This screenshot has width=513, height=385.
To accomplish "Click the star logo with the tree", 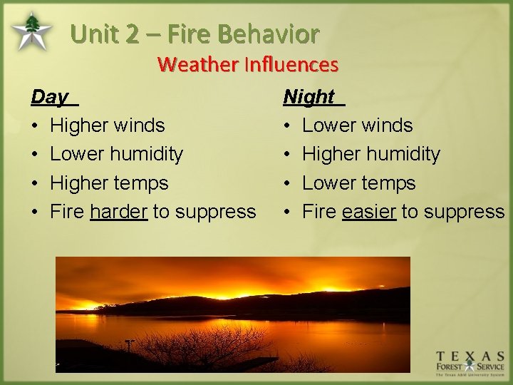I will click(x=31, y=32).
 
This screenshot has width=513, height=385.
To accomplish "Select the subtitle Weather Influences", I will click(x=247, y=64).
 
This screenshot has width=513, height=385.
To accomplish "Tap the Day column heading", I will click(x=50, y=96).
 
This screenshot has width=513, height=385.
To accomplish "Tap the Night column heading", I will click(x=309, y=96).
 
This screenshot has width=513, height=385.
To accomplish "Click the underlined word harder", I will click(x=118, y=212).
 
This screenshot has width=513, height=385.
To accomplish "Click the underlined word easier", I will click(x=368, y=212).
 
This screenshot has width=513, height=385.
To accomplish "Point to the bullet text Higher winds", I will click(x=107, y=125).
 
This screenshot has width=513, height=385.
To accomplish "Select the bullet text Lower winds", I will click(x=357, y=125).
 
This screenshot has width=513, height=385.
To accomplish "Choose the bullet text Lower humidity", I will click(x=116, y=154).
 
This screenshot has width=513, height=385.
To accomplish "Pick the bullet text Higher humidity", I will click(x=371, y=154).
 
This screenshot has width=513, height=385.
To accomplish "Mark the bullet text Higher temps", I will click(x=109, y=183).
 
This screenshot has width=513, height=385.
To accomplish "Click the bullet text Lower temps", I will click(x=358, y=183).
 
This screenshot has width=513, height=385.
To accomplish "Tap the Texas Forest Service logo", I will click(x=470, y=362).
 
